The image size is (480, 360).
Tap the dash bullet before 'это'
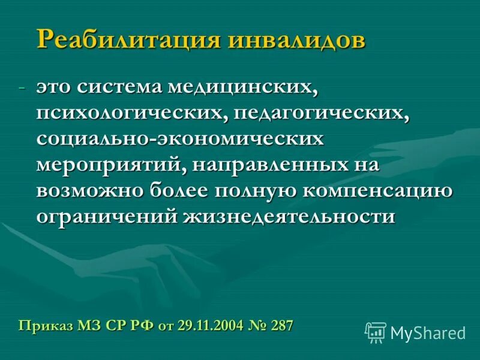[x=22, y=88]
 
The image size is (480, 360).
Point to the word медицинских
[x=254, y=88]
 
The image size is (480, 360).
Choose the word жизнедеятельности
[x=289, y=216]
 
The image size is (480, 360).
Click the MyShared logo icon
[x=376, y=332]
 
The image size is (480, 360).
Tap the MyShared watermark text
[x=428, y=332]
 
